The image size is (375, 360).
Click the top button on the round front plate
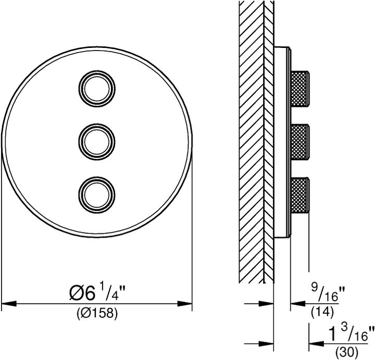97,89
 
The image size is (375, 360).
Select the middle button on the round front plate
97,142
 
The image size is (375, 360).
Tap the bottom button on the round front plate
97,195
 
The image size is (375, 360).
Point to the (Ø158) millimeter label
97,313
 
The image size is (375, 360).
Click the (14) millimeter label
322,312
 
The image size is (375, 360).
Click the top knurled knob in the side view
300,89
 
